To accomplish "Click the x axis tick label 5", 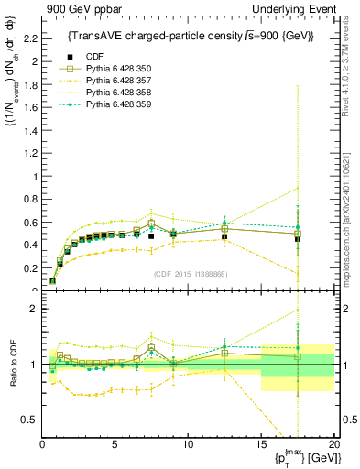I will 115,444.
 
